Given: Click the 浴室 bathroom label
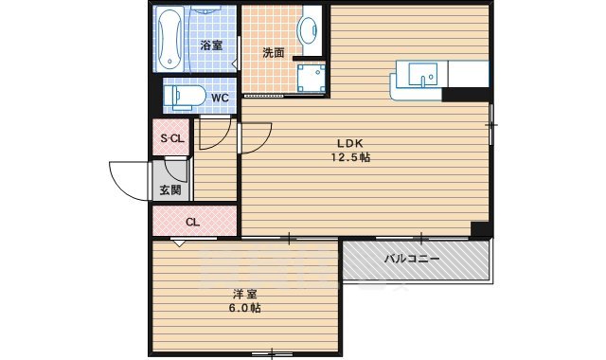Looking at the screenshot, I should [x=210, y=45].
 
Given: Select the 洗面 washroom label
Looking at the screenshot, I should [x=274, y=53].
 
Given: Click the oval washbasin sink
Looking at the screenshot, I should [x=310, y=29].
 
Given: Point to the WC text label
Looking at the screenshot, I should [x=219, y=98].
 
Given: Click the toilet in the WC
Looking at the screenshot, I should [x=183, y=96].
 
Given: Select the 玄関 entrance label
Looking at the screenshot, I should [x=170, y=190].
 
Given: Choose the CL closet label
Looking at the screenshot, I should [x=192, y=224].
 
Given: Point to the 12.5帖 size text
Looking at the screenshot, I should [x=349, y=157].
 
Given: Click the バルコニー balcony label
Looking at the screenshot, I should [x=411, y=259].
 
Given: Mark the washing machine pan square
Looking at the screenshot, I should [x=310, y=79].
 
